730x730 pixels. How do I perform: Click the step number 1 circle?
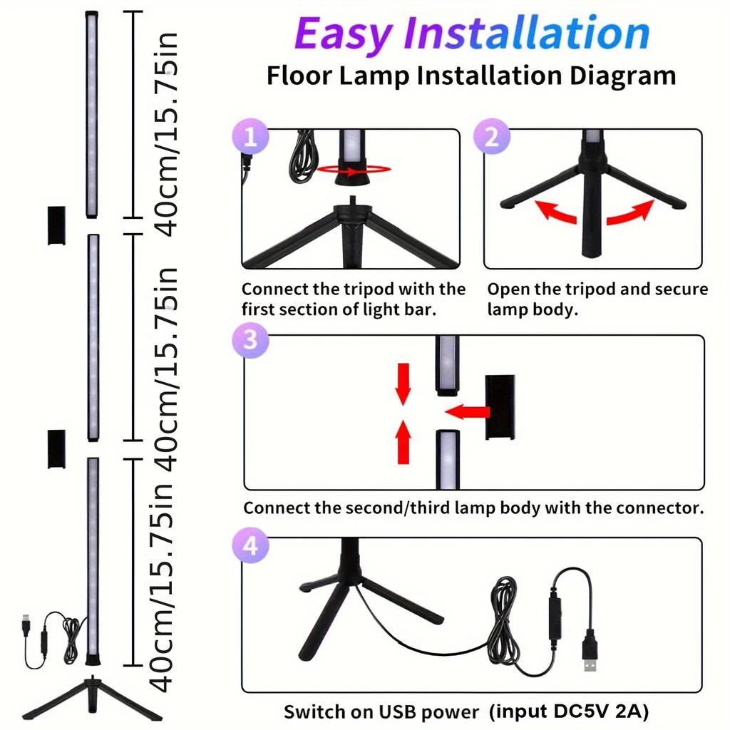pos(250,137)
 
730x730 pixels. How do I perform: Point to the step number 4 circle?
pos(250,547)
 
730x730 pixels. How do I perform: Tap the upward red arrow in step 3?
pos(403,441)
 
